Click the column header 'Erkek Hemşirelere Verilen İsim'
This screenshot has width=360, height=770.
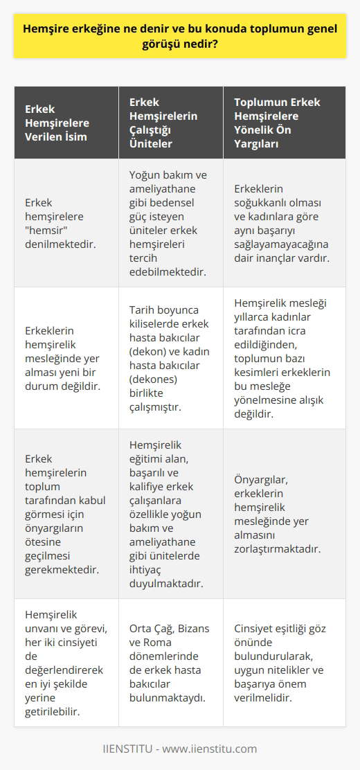[x=58, y=123]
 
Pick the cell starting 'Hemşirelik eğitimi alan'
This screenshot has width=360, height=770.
[x=170, y=513]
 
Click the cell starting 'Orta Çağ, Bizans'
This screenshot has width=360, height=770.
[x=170, y=662]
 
